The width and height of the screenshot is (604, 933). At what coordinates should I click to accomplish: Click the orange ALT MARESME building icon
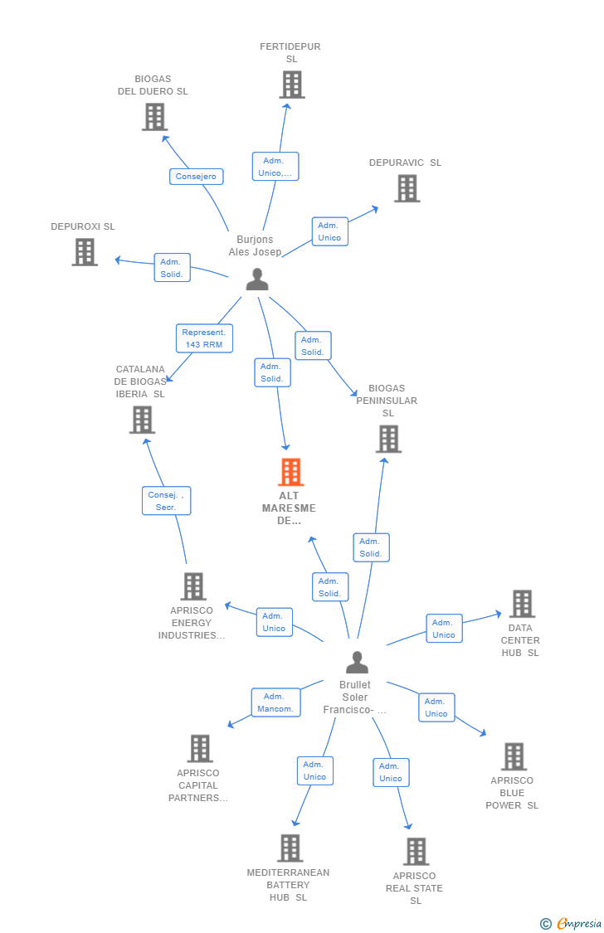pyautogui.click(x=291, y=472)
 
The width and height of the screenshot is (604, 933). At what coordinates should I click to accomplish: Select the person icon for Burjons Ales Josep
pyautogui.click(x=257, y=279)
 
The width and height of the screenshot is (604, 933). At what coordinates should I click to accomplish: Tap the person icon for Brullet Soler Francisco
pyautogui.click(x=357, y=663)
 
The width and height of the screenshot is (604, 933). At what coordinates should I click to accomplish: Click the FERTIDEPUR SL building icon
pyautogui.click(x=292, y=85)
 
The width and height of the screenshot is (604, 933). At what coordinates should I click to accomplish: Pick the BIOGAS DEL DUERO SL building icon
pyautogui.click(x=154, y=117)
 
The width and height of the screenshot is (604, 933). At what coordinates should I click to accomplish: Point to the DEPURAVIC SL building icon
pyautogui.click(x=407, y=188)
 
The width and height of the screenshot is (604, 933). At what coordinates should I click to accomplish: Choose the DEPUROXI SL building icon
pyautogui.click(x=85, y=251)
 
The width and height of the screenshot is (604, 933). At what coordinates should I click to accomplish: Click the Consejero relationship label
pyautogui.click(x=197, y=177)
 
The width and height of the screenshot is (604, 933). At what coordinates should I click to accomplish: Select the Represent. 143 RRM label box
pyautogui.click(x=204, y=338)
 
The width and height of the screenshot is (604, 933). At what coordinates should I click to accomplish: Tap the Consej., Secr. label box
pyautogui.click(x=167, y=501)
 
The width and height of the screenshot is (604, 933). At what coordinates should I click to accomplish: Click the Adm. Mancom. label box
pyautogui.click(x=275, y=702)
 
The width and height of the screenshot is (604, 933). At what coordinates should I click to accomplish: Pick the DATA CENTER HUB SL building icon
pyautogui.click(x=523, y=604)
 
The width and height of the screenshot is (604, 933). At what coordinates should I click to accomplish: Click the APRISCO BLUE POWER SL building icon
pyautogui.click(x=514, y=756)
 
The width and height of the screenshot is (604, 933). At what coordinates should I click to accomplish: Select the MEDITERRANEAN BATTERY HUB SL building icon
pyautogui.click(x=290, y=848)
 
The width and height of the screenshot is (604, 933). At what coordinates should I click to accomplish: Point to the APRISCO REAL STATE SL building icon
pyautogui.click(x=416, y=852)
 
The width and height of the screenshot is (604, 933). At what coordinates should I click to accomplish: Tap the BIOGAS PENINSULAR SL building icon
pyautogui.click(x=388, y=439)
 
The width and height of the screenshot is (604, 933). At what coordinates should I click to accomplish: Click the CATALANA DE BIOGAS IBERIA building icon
pyautogui.click(x=142, y=420)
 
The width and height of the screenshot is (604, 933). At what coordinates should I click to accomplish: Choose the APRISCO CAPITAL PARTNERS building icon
pyautogui.click(x=200, y=749)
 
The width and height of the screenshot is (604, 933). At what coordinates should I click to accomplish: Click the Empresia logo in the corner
pyautogui.click(x=572, y=924)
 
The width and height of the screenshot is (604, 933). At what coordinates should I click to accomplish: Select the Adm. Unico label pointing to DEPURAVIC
pyautogui.click(x=329, y=232)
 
